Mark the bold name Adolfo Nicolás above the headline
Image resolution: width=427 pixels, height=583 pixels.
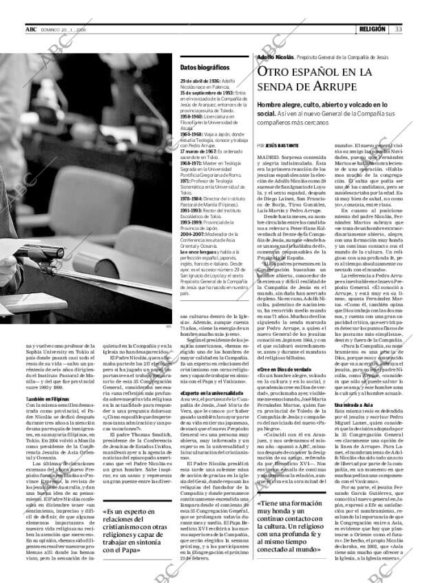pos(274,58)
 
